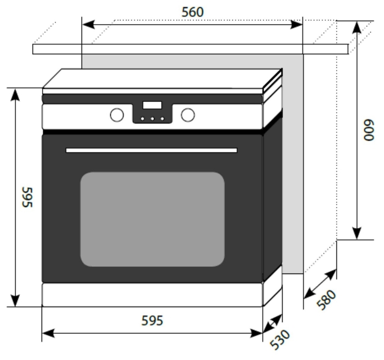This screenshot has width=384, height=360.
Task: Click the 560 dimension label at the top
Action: point(192,12)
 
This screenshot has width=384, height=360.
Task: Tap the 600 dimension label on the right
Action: point(369,130)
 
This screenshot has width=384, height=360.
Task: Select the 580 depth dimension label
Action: point(326,300)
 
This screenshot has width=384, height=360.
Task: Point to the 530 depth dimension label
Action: point(280,339)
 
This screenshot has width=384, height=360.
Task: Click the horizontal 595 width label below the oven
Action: point(152,321)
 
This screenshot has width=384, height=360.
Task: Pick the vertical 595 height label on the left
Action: point(27,197)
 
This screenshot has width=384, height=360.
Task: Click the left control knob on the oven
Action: point(117,115)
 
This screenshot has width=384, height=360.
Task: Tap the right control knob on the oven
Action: point(188,115)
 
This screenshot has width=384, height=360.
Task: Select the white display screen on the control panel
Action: point(152,105)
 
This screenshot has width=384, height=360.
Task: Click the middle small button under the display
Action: point(152,119)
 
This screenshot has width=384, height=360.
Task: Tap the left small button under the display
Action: point(142,119)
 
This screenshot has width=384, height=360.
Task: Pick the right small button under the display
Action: point(162,119)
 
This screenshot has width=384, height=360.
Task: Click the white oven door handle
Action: point(152,150)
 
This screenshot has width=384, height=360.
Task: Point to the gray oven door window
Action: point(152,219)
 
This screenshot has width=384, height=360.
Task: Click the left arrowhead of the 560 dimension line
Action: point(88,25)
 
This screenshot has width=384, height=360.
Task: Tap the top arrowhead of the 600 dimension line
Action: point(357,27)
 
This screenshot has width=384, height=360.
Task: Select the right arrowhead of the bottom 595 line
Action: point(256,333)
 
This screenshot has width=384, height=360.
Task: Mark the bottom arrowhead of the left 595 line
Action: point(15,300)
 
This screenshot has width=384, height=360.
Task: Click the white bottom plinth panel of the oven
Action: point(152,295)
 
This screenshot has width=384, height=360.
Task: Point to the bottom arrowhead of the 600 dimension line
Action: point(357,233)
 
